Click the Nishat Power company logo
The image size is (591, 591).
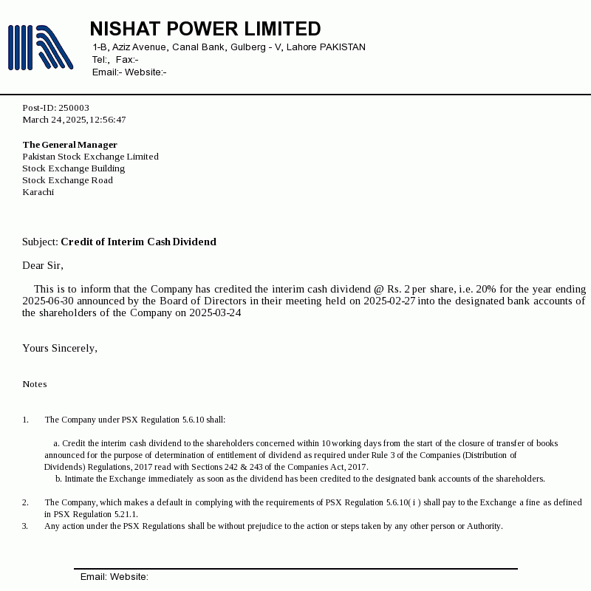(40, 47)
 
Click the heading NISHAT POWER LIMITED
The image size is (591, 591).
(205, 29)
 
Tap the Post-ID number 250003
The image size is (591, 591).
(74, 108)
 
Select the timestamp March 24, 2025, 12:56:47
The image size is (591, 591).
(74, 120)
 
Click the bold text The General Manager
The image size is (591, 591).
(69, 145)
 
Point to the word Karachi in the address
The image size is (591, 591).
(38, 192)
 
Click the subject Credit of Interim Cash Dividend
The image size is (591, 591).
(138, 242)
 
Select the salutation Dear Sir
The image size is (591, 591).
(43, 265)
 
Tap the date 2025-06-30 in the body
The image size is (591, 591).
(48, 301)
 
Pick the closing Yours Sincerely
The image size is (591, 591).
(60, 348)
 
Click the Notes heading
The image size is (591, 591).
(34, 384)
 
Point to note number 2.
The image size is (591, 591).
(25, 502)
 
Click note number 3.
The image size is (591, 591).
(25, 526)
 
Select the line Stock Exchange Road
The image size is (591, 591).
(67, 180)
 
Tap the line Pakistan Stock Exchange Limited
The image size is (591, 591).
(90, 157)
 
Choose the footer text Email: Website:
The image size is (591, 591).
(115, 577)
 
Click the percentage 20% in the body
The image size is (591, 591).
(486, 289)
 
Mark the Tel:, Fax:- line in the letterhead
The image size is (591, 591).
(115, 60)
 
